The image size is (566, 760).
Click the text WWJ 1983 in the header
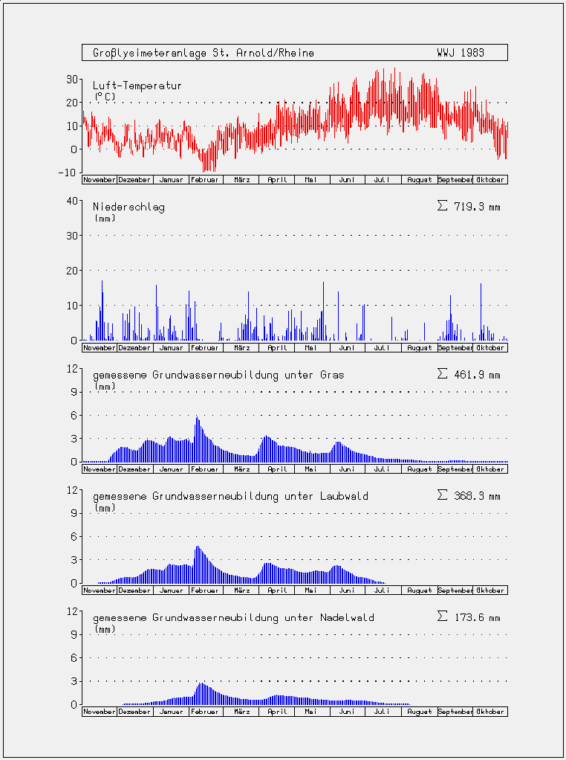[x=460, y=53]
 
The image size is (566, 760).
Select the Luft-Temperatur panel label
[x=137, y=86]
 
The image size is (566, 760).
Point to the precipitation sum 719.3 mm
[x=469, y=207]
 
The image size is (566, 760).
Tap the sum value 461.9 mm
[x=469, y=375]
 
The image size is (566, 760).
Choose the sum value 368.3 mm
[x=469, y=496]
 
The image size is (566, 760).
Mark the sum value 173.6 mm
[x=469, y=617]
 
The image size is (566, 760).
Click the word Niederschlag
[x=129, y=207]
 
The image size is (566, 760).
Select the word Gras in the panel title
[x=332, y=375]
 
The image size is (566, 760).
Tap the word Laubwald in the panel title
[x=344, y=496]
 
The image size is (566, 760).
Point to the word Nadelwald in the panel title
[x=347, y=617]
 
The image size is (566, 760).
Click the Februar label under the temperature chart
[x=206, y=180]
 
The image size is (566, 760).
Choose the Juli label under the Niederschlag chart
[x=382, y=348]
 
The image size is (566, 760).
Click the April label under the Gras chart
[x=278, y=469]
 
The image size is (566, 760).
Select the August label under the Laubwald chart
[x=419, y=590]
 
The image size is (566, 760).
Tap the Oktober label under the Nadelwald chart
[x=490, y=712]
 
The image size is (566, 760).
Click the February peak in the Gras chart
[x=197, y=417]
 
